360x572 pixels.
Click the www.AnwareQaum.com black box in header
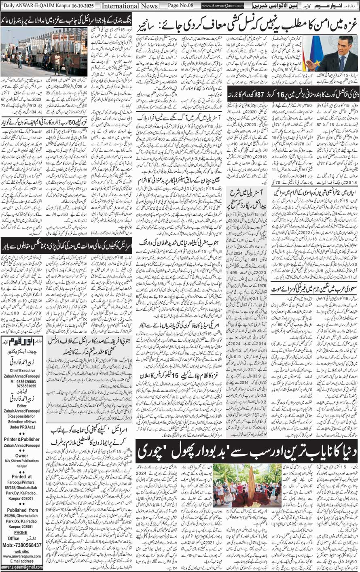(x=222, y=6)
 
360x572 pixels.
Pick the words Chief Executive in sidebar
(x=23, y=370)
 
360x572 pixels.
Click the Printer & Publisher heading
(x=23, y=439)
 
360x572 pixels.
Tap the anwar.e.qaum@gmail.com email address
(x=23, y=567)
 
